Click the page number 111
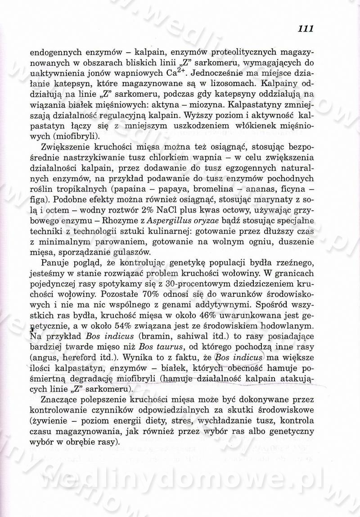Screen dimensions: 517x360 click(x=305, y=28)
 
